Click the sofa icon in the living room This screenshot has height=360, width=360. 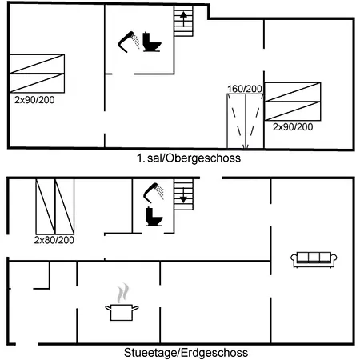[x=314, y=260]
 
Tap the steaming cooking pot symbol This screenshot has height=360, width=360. [x=122, y=302]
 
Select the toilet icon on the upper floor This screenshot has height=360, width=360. [x=152, y=42]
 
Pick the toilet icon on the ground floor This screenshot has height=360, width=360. [x=154, y=217]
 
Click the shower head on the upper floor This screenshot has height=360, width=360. [x=129, y=42]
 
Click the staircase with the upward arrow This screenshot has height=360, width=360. [x=183, y=21]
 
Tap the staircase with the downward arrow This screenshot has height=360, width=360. [x=183, y=194]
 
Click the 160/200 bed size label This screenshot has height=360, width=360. [x=245, y=89]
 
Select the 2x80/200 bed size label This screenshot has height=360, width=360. [x=54, y=240]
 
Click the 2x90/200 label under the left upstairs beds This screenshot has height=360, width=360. [x=34, y=100]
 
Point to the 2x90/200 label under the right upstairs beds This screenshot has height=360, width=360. [x=293, y=126]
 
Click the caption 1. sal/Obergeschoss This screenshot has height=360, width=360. [x=189, y=158]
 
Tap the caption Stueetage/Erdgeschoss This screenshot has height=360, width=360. [x=186, y=353]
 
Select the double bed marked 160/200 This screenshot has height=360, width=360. [x=246, y=121]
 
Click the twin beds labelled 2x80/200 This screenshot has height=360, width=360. [x=55, y=206]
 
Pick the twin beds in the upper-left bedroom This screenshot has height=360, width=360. [x=37, y=74]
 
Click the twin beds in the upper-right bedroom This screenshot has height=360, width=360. [x=293, y=102]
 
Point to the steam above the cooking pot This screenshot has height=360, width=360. [x=123, y=293]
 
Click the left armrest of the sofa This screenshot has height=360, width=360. [x=294, y=259]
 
